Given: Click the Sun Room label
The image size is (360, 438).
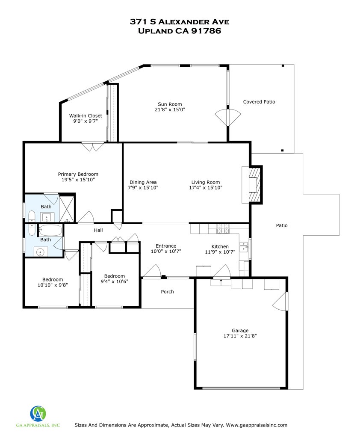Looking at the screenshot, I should (x=170, y=104).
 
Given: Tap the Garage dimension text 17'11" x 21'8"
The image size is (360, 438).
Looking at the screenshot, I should (x=240, y=336).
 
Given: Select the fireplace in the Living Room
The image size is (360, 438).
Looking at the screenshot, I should (x=254, y=184).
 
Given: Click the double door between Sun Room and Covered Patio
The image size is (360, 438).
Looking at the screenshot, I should (x=227, y=116).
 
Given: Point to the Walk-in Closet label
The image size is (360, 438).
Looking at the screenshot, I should (x=86, y=115).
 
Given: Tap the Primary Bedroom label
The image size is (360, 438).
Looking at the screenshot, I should (x=78, y=174).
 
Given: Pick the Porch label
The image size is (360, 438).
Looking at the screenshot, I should (x=167, y=292).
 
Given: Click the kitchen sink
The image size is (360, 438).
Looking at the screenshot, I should (x=244, y=247).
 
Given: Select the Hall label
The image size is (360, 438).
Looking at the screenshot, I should (x=98, y=230).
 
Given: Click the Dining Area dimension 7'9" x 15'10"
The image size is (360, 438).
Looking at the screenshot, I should (x=143, y=187).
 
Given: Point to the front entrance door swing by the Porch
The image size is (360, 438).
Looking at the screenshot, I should (x=152, y=271).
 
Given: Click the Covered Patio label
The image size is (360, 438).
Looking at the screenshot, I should (x=259, y=102).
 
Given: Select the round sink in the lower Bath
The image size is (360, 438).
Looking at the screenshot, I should (x=41, y=252).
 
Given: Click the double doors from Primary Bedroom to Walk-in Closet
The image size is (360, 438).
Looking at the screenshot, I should (x=93, y=147).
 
